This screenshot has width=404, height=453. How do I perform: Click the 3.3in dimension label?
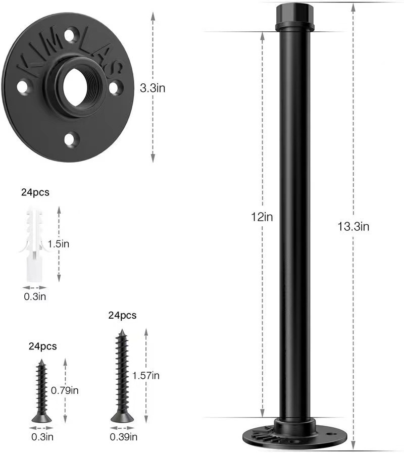(x=152, y=88)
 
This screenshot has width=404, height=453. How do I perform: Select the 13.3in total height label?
(x=353, y=227)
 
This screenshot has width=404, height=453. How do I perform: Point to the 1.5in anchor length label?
(x=58, y=244)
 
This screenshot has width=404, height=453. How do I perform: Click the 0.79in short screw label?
(x=65, y=390)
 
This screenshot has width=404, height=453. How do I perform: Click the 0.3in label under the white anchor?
(x=35, y=296)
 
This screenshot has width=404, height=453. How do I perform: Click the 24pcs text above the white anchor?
(x=36, y=192)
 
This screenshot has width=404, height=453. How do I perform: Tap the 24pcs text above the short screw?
(x=42, y=346)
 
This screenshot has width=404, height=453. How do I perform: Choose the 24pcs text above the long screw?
(x=122, y=316)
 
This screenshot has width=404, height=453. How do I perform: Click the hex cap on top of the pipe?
(x=294, y=17)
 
